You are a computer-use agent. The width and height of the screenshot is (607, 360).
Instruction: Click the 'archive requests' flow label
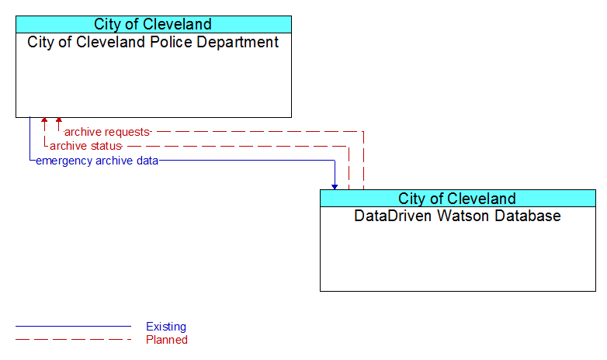coord(107,132)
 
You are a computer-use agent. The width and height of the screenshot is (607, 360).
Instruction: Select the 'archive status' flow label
coord(85,146)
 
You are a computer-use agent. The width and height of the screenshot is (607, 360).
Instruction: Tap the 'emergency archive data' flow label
coord(97,161)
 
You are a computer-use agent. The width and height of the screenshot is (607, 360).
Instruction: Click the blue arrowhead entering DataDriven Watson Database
coord(335,187)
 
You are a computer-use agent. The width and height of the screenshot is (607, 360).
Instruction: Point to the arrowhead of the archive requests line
coord(59,120)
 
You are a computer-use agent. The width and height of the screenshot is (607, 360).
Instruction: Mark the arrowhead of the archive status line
coord(44,120)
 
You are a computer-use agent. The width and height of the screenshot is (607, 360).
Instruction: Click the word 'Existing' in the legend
coord(166,327)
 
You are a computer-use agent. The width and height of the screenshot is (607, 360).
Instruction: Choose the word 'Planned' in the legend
coord(167,340)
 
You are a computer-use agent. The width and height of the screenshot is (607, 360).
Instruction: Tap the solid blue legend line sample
coord(73,327)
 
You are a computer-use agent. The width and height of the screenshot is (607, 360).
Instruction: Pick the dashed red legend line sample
coord(73,340)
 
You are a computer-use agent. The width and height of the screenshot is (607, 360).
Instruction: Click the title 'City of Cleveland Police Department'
coord(153,42)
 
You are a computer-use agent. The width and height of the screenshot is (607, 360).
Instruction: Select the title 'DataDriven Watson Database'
coord(457,216)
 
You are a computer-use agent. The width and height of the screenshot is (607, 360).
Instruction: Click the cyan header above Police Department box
coord(154,24)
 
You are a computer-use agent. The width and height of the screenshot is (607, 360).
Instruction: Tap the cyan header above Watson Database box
coord(458,199)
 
